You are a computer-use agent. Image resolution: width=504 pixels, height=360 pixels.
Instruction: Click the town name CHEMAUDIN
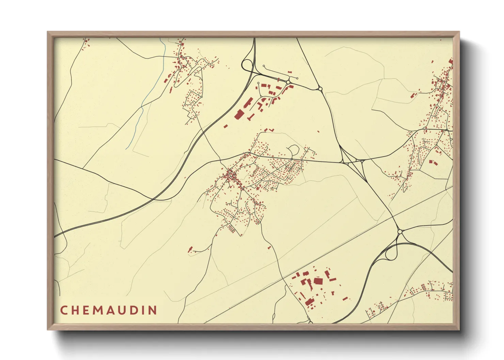pos(109,310)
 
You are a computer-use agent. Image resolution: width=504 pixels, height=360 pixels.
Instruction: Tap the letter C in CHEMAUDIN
pos(64,310)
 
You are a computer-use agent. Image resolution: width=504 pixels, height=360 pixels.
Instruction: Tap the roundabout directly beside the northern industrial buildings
pos(288,82)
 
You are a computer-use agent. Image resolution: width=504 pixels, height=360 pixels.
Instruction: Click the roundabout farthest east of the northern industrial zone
pos(320,89)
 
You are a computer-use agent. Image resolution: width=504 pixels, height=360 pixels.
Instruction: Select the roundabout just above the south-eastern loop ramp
pos(400,232)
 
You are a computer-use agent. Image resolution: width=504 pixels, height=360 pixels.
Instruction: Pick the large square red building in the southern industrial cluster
pos(318,281)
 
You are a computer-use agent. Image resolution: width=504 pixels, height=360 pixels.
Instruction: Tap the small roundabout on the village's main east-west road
pos(292,159)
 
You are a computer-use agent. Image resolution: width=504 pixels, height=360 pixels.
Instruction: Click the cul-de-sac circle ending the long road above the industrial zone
pos(264,66)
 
